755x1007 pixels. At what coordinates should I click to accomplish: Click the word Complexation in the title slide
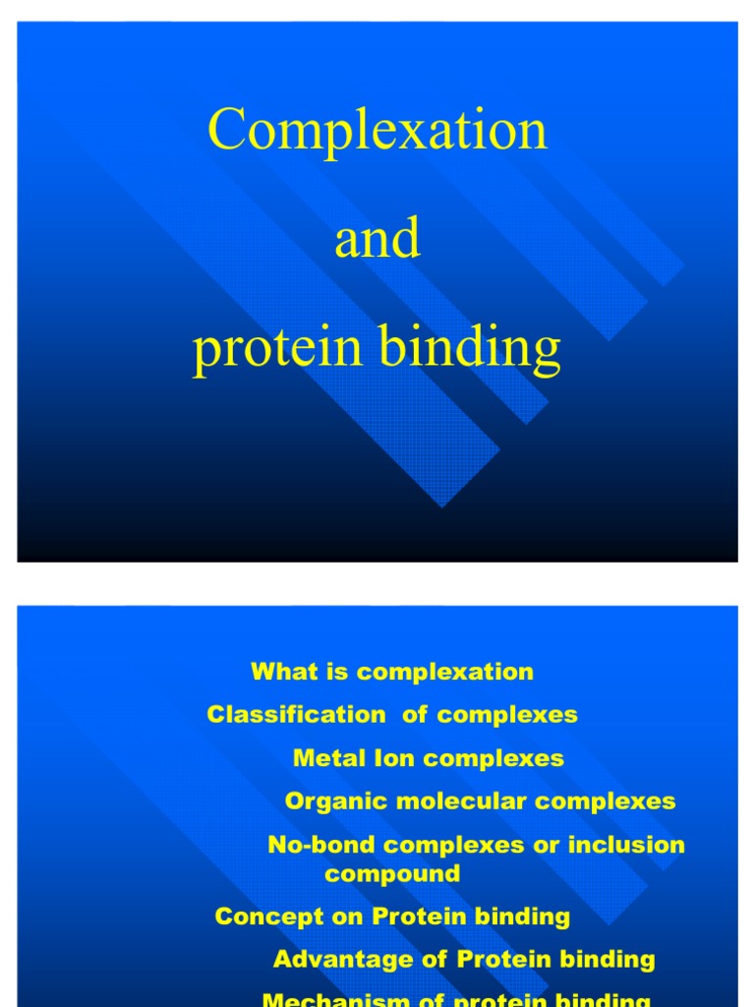[377, 131]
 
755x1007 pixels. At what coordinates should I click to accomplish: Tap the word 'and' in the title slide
[377, 240]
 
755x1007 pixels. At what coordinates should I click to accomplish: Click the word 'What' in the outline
[280, 672]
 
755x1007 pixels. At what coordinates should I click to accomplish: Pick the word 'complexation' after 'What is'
[445, 672]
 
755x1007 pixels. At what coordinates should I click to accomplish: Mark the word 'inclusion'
[631, 845]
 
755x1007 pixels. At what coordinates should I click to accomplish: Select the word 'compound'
[392, 873]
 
